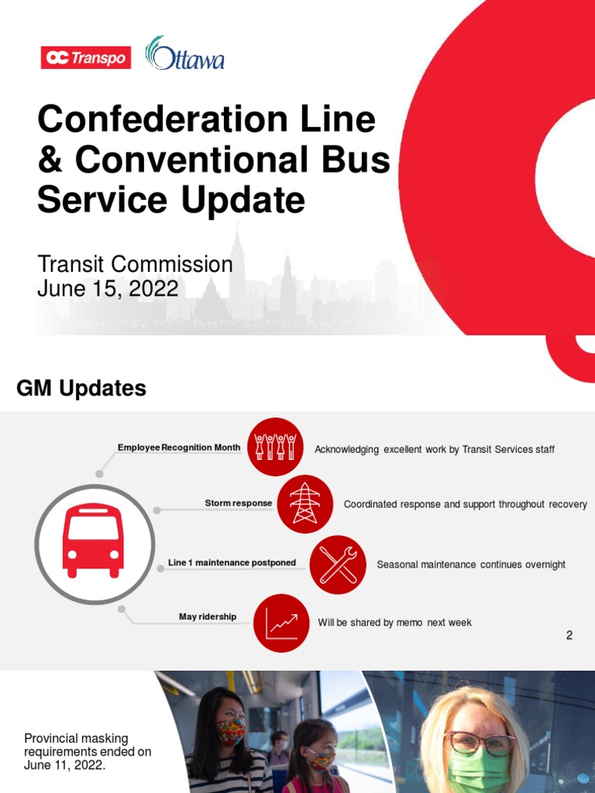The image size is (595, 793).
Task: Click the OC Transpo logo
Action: pos(86,58)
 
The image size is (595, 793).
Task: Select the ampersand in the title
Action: pos(50,160)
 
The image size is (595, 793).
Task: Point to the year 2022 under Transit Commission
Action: pos(154,289)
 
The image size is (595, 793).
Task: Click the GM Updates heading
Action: pos(81,389)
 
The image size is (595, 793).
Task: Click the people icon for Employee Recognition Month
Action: pos(275,447)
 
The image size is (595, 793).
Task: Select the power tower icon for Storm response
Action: pos(304,503)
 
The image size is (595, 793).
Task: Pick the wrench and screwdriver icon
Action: pos(338,563)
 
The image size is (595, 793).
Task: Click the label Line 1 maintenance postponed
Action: pos(232,563)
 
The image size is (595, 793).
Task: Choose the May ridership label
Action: pos(208,617)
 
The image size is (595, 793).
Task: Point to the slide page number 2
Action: pos(569,636)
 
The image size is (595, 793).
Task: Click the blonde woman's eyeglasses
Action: pos(480,743)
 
